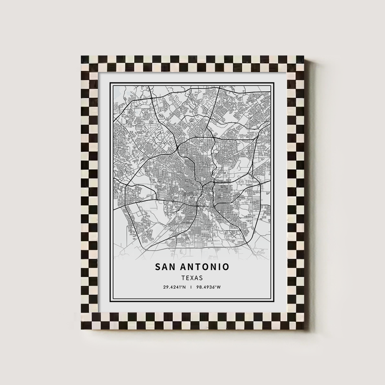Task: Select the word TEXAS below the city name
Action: coord(192,278)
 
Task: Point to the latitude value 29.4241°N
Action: coord(174,287)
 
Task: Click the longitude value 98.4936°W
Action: coord(211,287)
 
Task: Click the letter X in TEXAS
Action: coord(192,278)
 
